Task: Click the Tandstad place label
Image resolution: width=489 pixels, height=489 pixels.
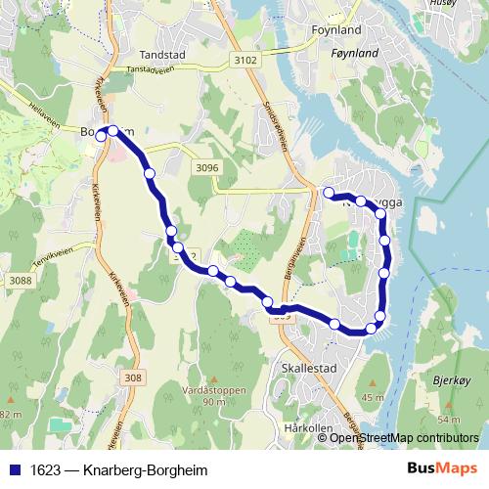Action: tap(162, 56)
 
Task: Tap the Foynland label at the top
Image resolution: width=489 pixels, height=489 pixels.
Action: tap(334, 30)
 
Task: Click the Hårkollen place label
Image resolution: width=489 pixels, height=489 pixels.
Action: tap(302, 428)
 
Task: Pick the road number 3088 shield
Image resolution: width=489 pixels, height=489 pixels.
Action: tap(19, 282)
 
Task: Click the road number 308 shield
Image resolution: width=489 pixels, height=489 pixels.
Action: tap(134, 378)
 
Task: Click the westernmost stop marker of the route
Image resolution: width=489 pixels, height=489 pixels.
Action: tap(100, 137)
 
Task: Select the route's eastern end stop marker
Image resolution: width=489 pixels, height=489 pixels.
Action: tap(330, 192)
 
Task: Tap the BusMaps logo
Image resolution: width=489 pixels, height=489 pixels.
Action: tap(441, 468)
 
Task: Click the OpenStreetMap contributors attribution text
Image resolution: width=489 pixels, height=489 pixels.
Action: tap(406, 437)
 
